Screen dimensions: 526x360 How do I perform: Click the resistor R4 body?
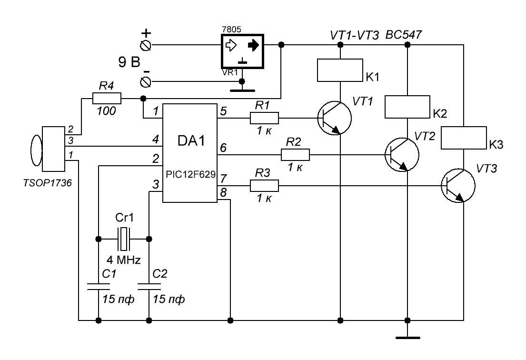(x=107, y=98)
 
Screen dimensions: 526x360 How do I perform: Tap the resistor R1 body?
(x=264, y=118)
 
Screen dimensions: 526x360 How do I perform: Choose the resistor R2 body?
(x=295, y=155)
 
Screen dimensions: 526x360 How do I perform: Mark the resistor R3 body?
(x=264, y=186)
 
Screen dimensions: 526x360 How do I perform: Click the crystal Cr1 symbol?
(x=124, y=239)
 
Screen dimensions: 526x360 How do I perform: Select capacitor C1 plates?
(x=98, y=286)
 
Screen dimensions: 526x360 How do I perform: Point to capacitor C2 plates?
(x=149, y=286)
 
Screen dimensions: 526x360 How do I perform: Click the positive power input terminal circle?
(x=147, y=45)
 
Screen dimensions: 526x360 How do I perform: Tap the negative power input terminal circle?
(x=147, y=82)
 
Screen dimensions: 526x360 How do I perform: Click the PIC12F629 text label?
(x=190, y=174)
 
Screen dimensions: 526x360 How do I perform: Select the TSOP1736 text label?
(x=47, y=183)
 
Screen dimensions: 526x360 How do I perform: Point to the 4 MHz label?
(x=123, y=260)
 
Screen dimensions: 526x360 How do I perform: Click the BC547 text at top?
(x=404, y=35)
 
